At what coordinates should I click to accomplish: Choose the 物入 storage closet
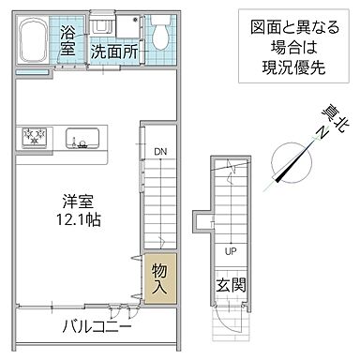(x=159, y=278)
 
